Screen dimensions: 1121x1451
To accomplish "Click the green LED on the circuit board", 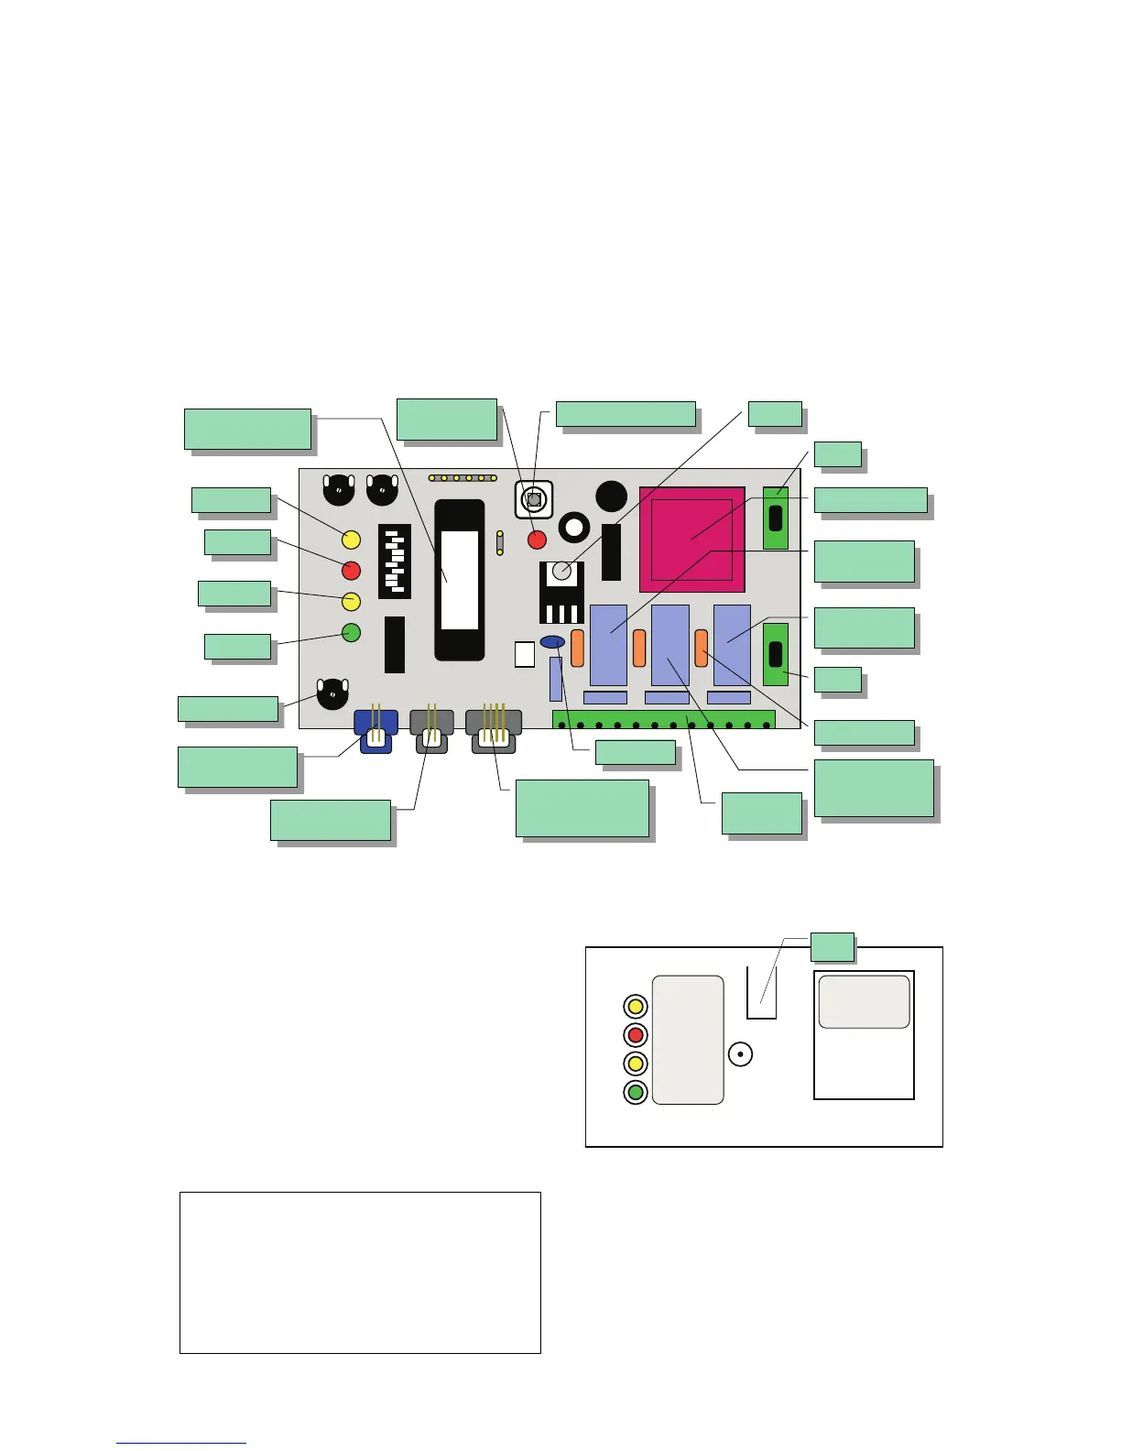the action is point(351,632).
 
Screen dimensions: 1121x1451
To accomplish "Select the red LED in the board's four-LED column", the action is point(351,571).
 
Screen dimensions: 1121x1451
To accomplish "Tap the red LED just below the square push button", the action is point(538,540).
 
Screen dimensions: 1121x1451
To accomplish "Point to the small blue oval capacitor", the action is point(552,642).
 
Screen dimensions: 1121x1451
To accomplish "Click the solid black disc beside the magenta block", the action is point(611,496).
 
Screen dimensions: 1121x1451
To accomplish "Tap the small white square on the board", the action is point(524,654).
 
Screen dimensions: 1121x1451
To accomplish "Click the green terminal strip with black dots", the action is point(663,720).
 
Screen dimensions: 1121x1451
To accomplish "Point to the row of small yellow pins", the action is point(463,478).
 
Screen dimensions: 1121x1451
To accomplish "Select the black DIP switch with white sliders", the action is point(395,562).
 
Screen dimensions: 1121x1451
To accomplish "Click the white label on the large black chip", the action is point(460,580).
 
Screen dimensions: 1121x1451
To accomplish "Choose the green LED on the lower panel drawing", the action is point(636,1092).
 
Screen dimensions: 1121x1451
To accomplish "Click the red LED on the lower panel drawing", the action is point(636,1035).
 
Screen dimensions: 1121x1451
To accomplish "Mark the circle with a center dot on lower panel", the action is point(740,1054).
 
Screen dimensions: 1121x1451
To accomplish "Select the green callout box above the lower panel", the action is point(833,947).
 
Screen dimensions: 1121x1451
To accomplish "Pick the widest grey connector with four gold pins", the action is point(494,730).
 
